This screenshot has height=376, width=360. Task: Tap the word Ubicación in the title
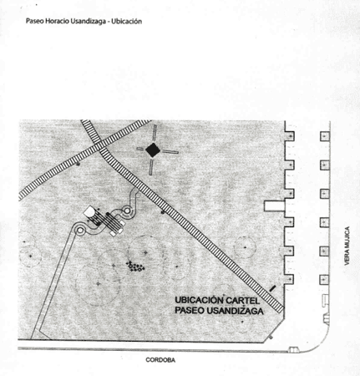[x=127, y=22]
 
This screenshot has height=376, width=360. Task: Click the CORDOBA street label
[x=160, y=360]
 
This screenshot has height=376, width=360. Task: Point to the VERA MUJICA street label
[x=347, y=246]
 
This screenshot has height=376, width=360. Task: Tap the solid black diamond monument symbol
[x=153, y=150]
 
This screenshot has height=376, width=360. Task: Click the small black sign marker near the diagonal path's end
[x=272, y=288]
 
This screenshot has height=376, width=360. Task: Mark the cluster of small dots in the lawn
[x=135, y=267]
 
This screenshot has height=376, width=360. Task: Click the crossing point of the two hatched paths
[x=101, y=147]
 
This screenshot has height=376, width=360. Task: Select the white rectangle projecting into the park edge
[x=274, y=206]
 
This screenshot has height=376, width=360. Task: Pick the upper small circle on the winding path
[x=127, y=211]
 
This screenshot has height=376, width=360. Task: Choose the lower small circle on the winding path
[x=80, y=231]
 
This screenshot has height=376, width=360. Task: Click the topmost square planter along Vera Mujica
[x=325, y=136]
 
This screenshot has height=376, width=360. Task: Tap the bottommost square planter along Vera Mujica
[x=324, y=279]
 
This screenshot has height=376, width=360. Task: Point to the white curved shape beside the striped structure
[x=89, y=211]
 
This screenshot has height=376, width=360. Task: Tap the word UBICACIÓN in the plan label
[x=200, y=300]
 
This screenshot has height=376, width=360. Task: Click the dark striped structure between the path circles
[x=110, y=223]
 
